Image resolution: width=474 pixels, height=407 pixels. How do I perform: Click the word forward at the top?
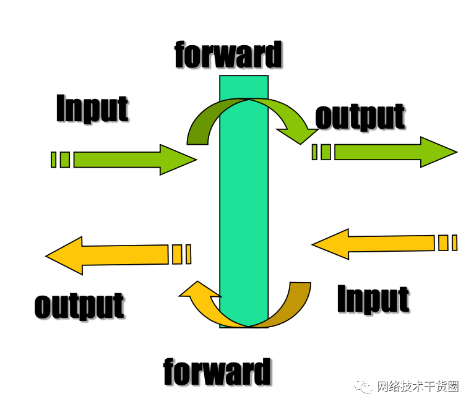point(228,54)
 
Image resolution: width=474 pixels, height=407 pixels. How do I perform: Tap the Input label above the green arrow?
point(92,108)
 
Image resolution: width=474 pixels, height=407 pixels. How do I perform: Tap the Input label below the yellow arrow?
point(373,299)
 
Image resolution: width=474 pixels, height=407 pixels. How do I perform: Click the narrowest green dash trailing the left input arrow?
point(53,160)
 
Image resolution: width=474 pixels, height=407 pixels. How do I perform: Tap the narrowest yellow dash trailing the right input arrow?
point(454,242)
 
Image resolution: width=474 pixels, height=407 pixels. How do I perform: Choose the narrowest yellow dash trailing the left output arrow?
point(188,254)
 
